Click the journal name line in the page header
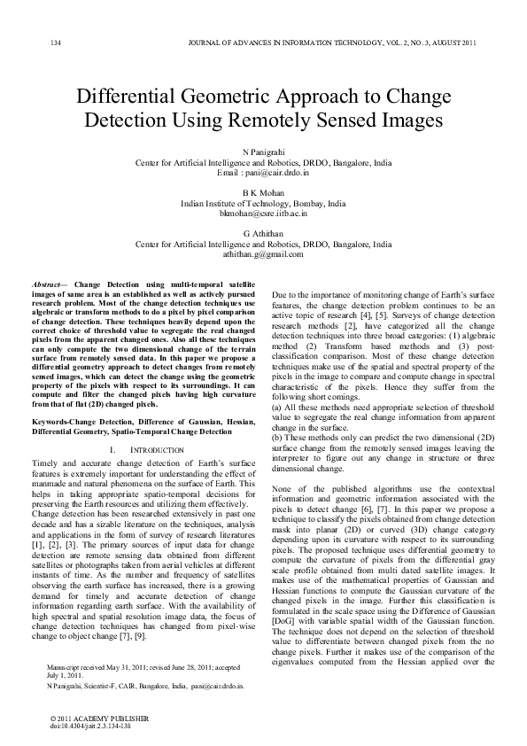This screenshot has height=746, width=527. click(x=328, y=43)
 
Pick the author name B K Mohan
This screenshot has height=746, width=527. click(x=263, y=192)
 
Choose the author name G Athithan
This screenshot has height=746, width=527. click(x=263, y=232)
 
